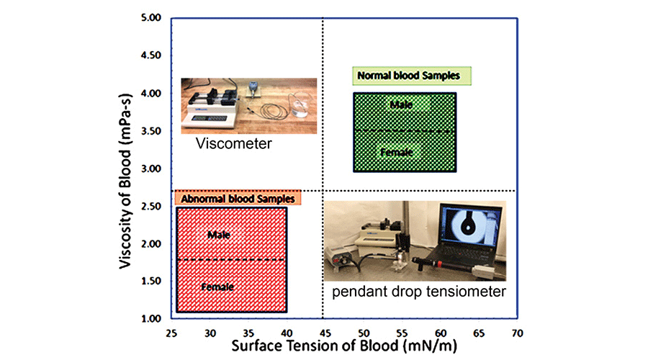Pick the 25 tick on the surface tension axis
point(171,333)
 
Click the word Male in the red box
point(218,235)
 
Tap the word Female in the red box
point(217,287)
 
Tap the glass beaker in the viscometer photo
point(300,112)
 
